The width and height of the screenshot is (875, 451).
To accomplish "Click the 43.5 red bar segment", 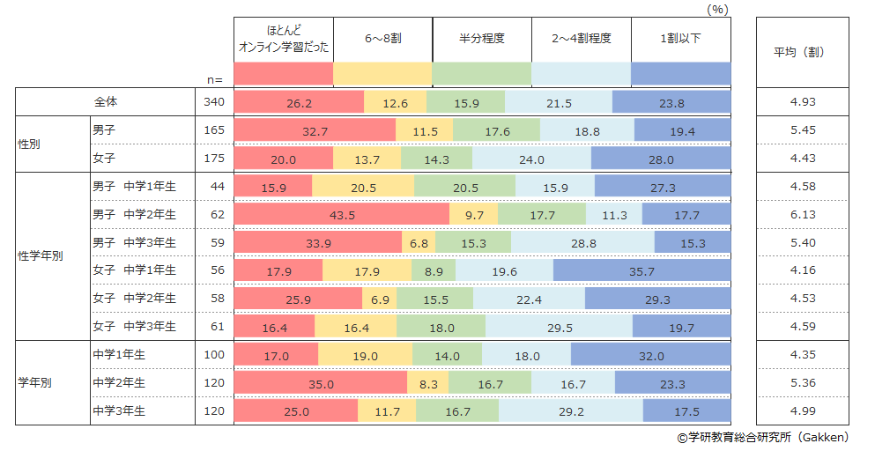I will tap(342, 215).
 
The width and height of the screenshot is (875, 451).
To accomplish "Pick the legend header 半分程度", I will tap(482, 39).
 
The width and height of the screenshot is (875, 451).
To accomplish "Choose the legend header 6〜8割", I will tap(382, 39).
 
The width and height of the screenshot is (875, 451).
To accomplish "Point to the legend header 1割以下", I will tap(680, 39).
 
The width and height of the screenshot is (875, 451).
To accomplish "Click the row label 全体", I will tap(107, 102).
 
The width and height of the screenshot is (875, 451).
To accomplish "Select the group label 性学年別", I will tap(41, 257).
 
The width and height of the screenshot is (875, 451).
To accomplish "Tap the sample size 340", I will tap(214, 102).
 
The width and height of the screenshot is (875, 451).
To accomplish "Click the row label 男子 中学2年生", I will tap(134, 215).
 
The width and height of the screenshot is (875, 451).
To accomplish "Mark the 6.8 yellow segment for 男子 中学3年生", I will tap(419, 243).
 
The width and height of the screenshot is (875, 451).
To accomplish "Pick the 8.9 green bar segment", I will tap(434, 270).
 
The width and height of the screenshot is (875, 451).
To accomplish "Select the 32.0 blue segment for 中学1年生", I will tap(650, 356).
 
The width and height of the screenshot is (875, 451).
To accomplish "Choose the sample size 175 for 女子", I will tap(214, 159).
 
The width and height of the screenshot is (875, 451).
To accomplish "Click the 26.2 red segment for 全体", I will tap(299, 102).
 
